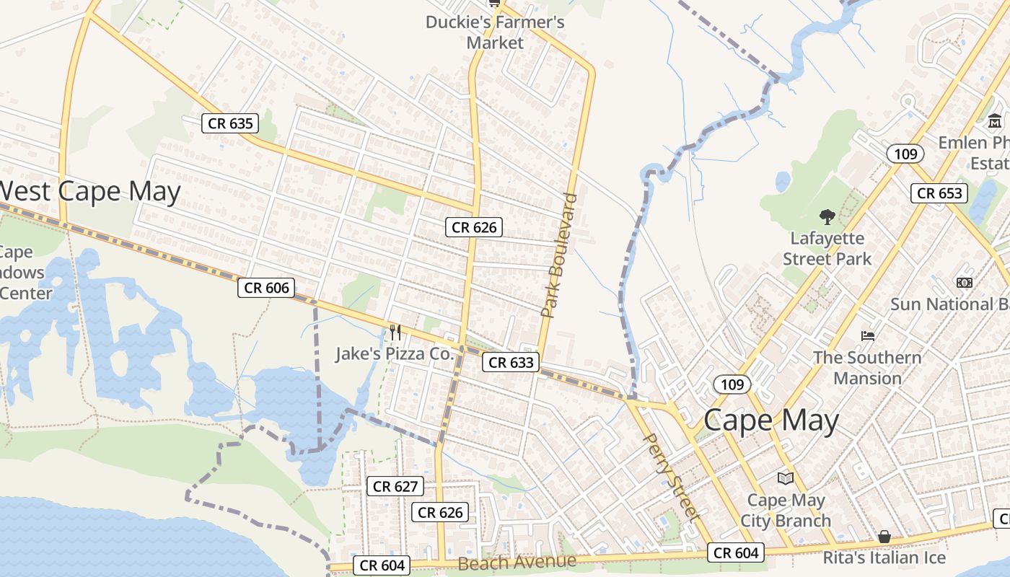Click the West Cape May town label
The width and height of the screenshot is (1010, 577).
(x=90, y=192)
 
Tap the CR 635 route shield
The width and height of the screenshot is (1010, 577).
(x=230, y=123)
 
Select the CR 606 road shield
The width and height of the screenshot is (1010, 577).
(x=266, y=288)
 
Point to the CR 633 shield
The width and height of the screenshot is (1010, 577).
(x=511, y=363)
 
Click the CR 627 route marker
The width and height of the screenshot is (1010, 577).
(x=396, y=487)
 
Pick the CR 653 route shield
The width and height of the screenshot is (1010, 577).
(x=939, y=193)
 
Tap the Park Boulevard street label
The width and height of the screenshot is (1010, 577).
(x=560, y=255)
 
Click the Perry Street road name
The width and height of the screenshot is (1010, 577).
(x=671, y=477)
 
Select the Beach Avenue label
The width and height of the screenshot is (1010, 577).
(x=517, y=562)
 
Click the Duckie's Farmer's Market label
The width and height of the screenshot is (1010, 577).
(x=495, y=32)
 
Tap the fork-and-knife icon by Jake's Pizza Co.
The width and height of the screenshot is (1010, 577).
(x=395, y=332)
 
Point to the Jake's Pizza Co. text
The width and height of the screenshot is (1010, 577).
(x=395, y=354)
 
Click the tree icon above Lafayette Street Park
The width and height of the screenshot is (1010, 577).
(x=827, y=216)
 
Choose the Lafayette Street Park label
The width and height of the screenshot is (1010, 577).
(x=827, y=248)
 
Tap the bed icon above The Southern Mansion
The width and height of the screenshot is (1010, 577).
(x=868, y=336)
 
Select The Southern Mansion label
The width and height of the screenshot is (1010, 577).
(x=868, y=368)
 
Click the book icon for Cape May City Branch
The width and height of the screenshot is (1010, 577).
(x=785, y=477)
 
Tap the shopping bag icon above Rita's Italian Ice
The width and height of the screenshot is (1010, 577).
(x=884, y=537)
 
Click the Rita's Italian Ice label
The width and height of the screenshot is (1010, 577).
(x=884, y=558)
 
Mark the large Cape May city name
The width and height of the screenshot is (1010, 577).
(x=771, y=420)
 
